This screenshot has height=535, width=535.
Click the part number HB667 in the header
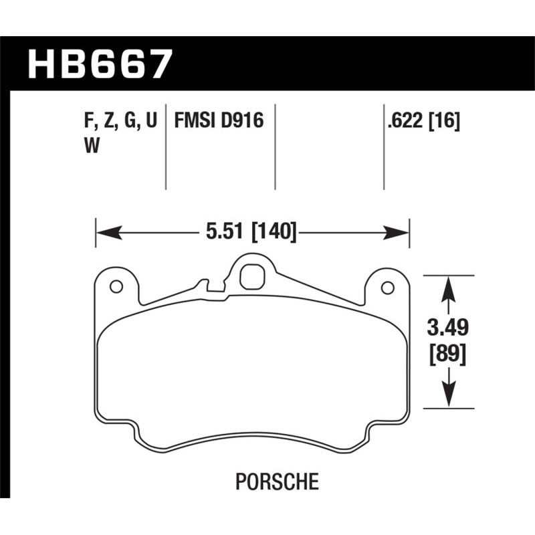(x=100, y=65)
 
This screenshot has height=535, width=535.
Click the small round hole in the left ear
(x=115, y=287)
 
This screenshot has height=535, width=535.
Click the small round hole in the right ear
(x=387, y=287)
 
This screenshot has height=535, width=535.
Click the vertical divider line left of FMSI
(x=166, y=147)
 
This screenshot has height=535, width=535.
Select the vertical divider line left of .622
(x=383, y=147)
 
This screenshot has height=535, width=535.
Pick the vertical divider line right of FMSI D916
(x=276, y=147)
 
